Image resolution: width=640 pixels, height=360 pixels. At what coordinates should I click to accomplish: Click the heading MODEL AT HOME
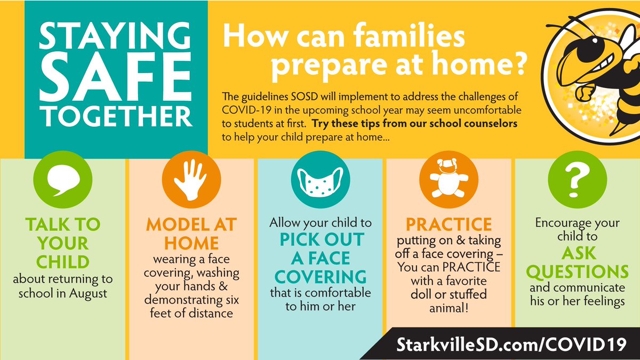[190, 234]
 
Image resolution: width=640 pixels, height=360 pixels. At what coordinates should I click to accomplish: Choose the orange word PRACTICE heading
[449, 225]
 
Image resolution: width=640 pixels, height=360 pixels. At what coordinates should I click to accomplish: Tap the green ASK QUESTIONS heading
[578, 263]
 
